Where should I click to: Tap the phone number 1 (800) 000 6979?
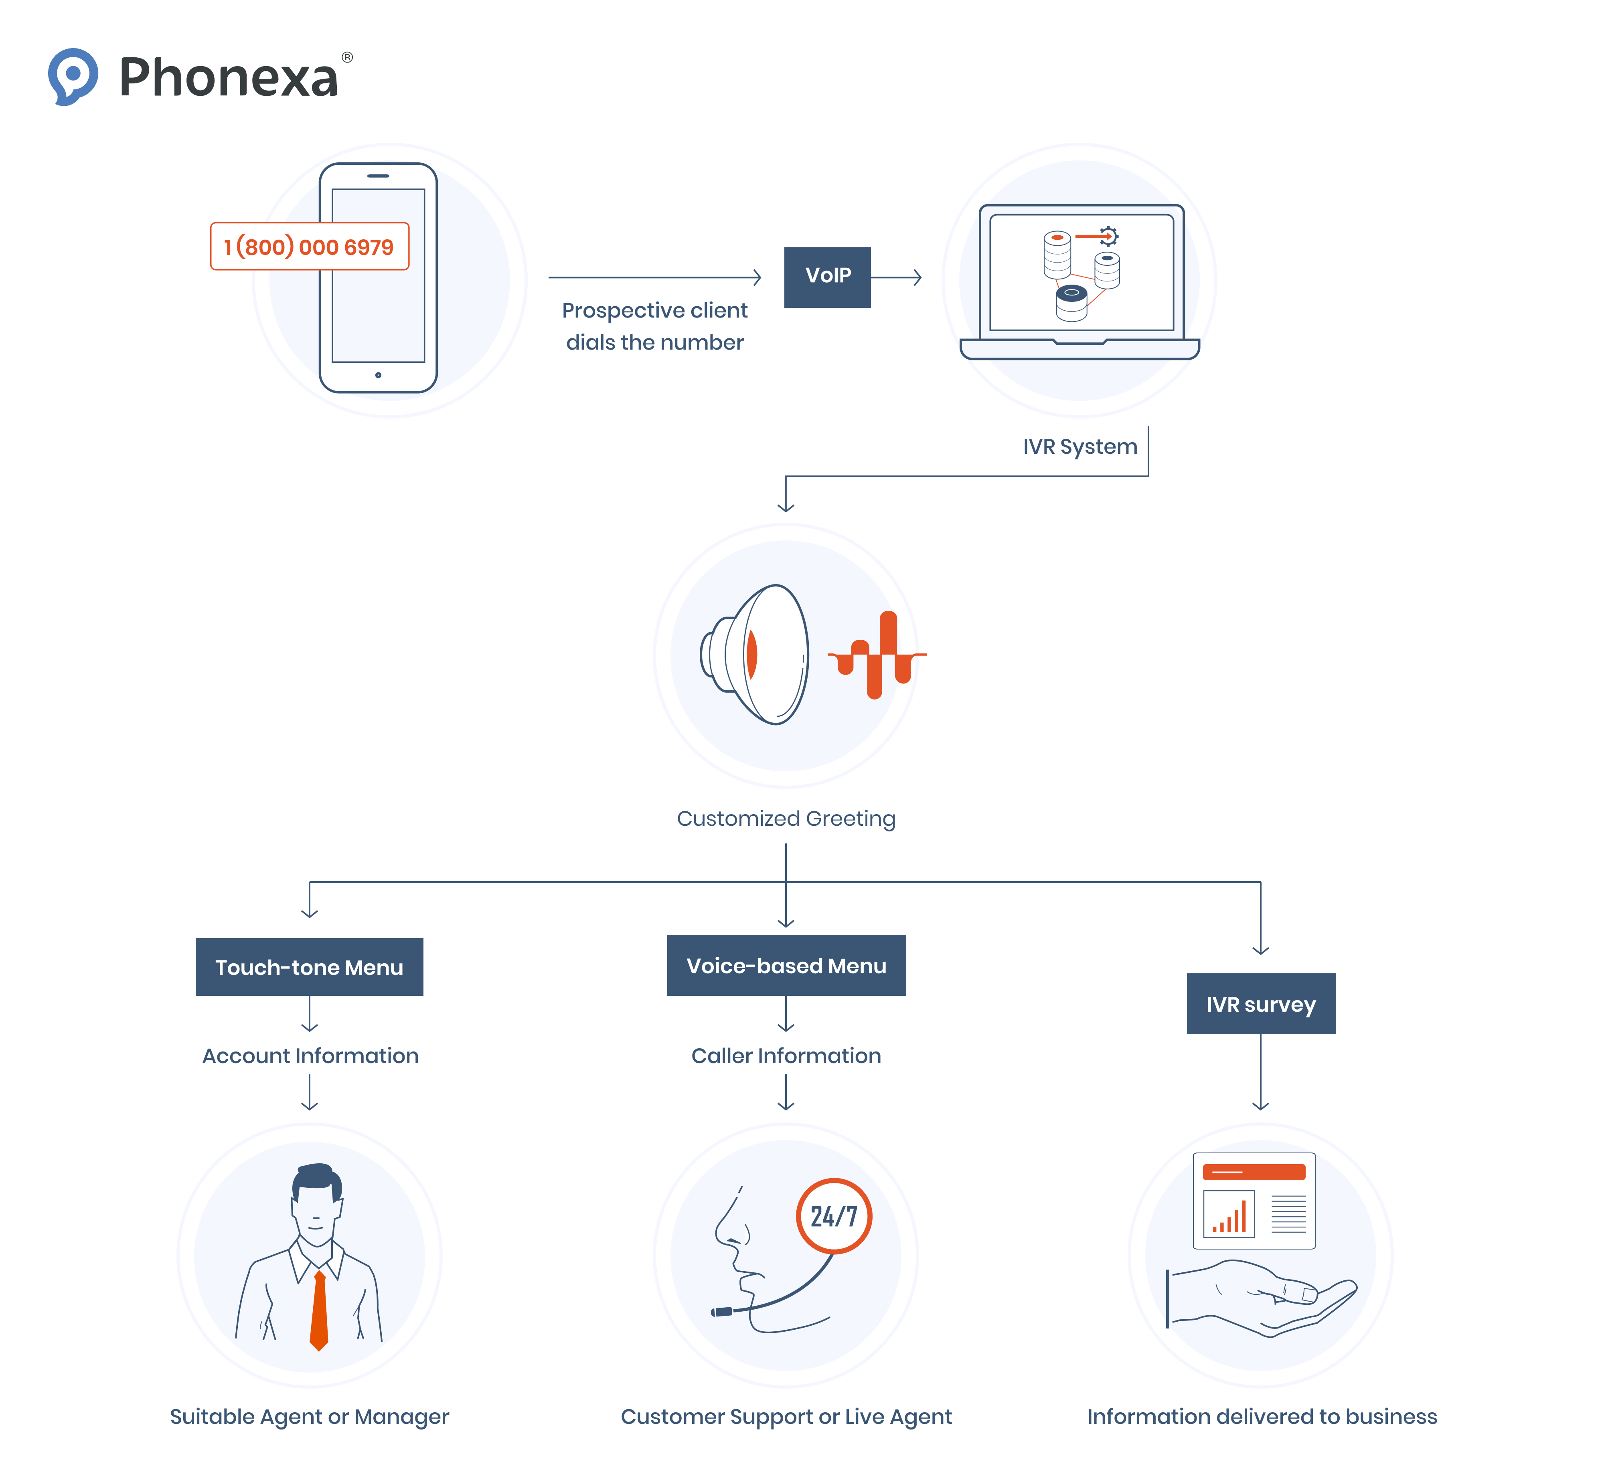(x=309, y=247)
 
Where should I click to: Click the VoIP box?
(x=827, y=276)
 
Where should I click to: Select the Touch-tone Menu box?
(x=309, y=967)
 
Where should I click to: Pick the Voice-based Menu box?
(x=786, y=965)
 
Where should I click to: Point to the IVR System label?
(x=1079, y=447)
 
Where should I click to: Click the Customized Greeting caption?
(x=786, y=819)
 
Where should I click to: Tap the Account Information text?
(x=310, y=1056)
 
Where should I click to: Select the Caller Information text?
(x=786, y=1056)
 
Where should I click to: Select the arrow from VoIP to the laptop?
(x=896, y=277)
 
